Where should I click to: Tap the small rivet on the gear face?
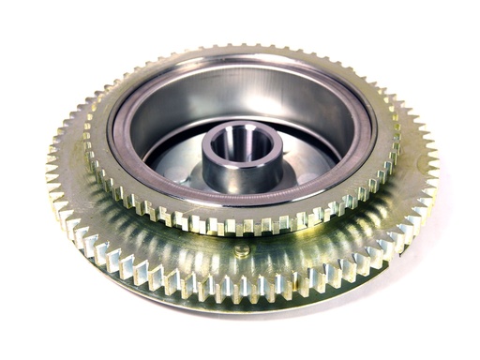click(242, 251)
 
